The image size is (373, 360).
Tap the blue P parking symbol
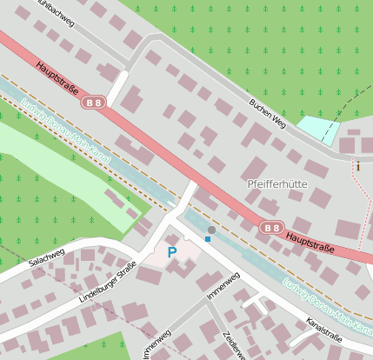tap(172, 252)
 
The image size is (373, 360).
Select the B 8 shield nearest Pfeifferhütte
tap(272, 228)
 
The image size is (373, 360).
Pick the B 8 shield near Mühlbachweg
tap(94, 103)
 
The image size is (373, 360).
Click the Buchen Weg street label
tap(267, 114)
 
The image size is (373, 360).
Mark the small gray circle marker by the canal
tap(211, 230)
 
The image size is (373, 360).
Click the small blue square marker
tap(208, 238)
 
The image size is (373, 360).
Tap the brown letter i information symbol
tap(357, 165)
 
